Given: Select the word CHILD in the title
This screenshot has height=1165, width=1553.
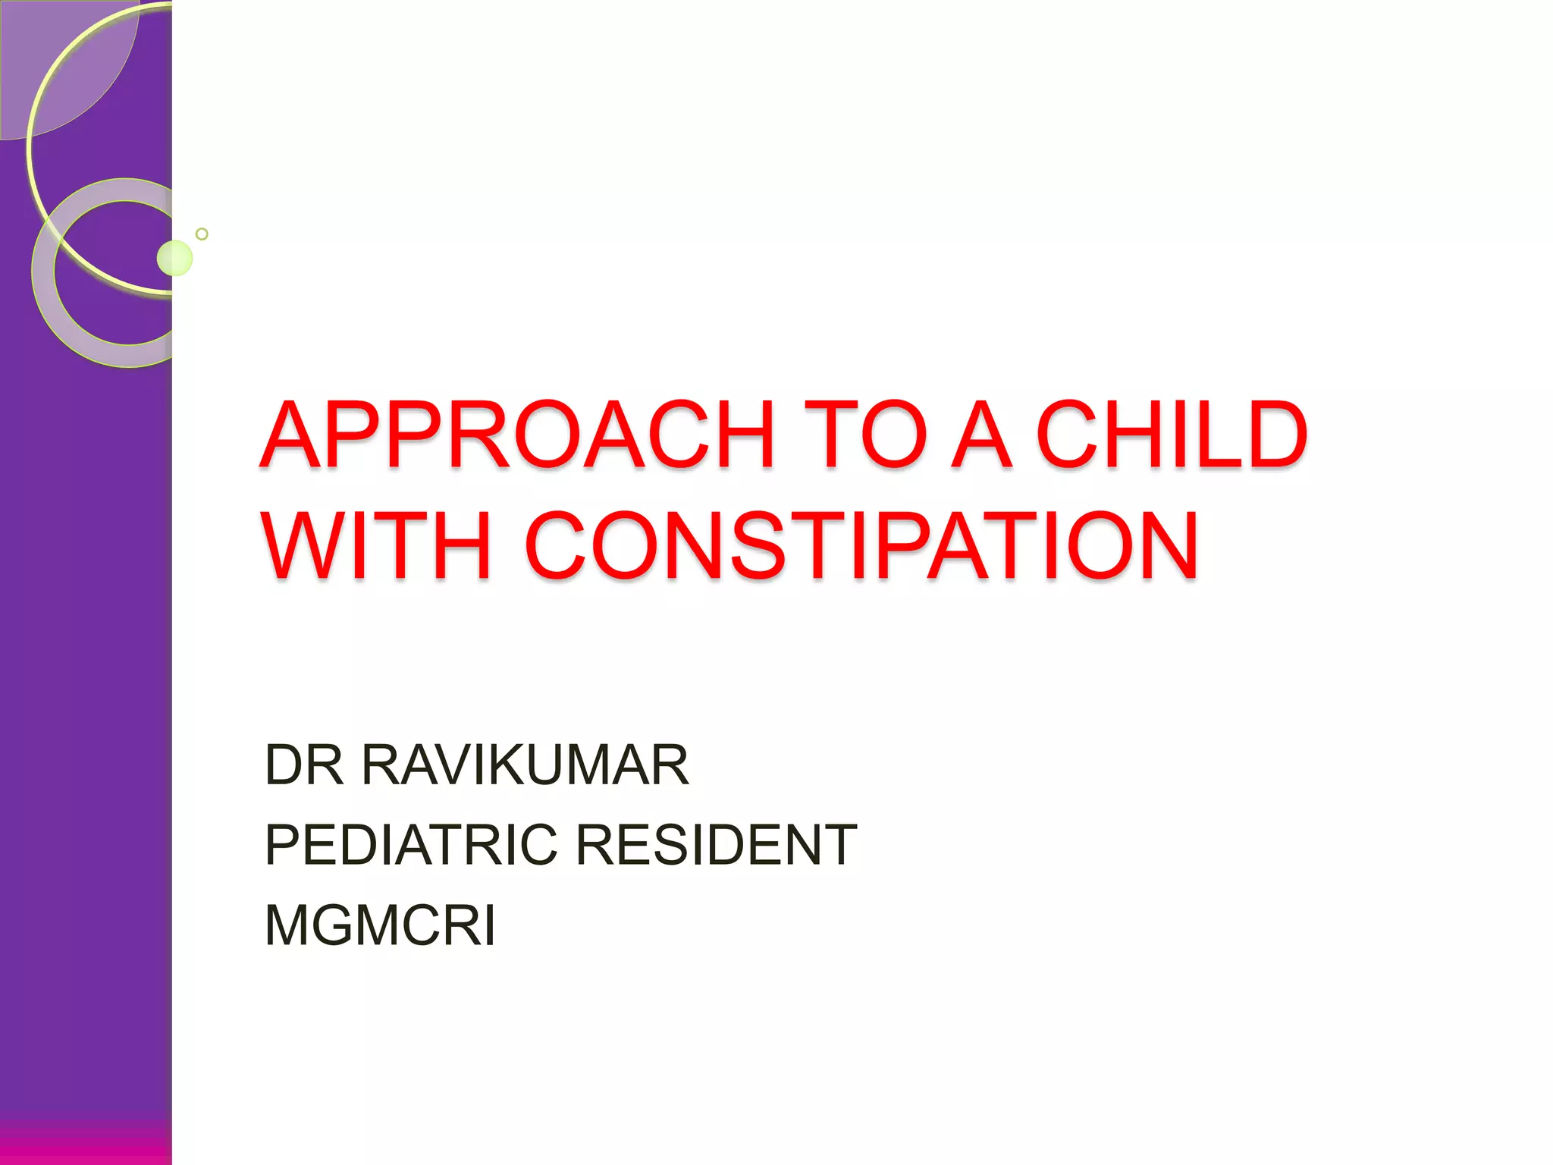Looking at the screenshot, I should [1172, 435].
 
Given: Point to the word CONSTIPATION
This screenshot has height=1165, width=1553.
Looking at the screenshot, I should [861, 546].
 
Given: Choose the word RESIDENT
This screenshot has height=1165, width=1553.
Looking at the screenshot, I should [717, 845].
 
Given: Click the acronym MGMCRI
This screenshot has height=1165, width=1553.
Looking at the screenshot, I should [380, 925].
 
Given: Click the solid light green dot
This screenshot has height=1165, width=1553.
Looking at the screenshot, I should [174, 258].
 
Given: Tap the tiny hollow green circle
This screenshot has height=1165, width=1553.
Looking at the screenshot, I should [202, 234].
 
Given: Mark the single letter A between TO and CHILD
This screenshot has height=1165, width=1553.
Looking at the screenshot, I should [981, 435].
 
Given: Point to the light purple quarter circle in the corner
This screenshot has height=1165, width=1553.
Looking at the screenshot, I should [61, 61].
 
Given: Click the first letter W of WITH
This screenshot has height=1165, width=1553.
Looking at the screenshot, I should [304, 546].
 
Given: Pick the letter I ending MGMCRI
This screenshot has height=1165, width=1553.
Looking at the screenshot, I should [490, 925].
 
